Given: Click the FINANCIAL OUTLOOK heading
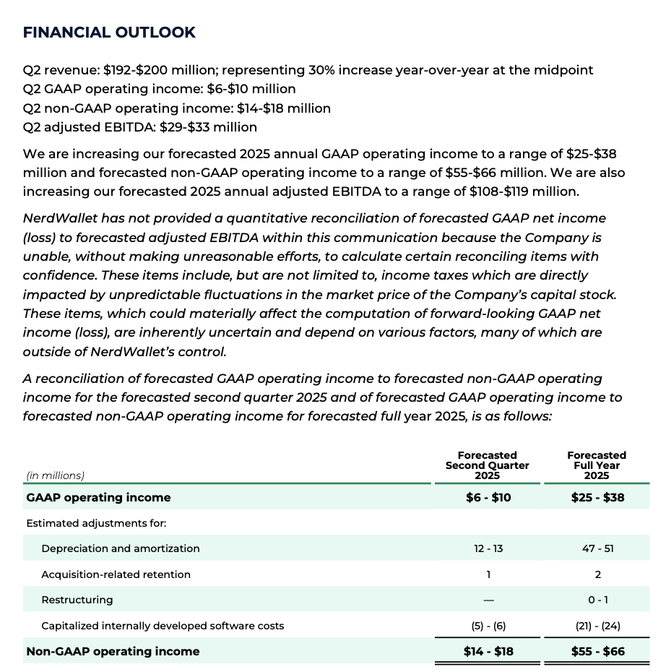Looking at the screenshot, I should tap(109, 33).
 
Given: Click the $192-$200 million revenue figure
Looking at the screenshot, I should tap(159, 70).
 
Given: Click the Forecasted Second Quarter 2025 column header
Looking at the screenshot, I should tap(487, 465).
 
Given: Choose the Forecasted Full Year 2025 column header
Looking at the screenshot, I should tap(597, 465).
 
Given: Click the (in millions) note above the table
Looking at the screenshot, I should tap(55, 475).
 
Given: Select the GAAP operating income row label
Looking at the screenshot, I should tap(98, 497).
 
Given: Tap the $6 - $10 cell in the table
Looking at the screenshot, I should tap(488, 497).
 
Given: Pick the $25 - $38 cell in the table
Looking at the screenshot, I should tap(597, 497).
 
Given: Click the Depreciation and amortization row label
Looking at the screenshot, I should tap(121, 548).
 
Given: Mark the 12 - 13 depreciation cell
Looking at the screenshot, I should tap(488, 548).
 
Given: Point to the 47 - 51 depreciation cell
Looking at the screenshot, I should tap(597, 548).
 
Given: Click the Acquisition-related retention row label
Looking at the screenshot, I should tap(116, 574).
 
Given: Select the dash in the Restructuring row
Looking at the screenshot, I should tap(488, 600).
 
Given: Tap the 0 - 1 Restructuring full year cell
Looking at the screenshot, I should tap(597, 600).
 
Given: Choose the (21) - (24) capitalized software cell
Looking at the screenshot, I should tap(597, 626).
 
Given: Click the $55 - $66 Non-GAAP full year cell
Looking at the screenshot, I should tap(597, 651).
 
